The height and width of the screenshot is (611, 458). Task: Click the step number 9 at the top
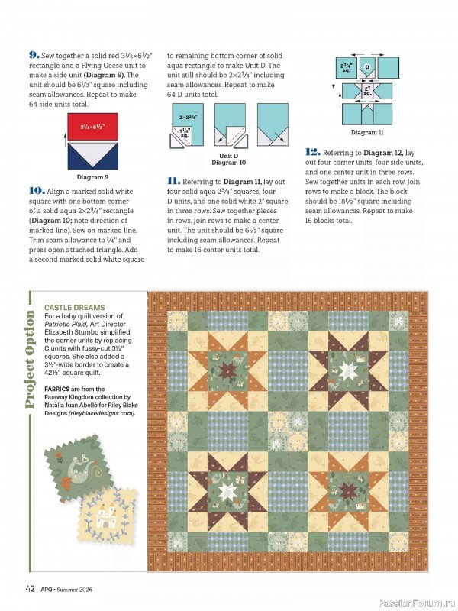[x=34, y=55]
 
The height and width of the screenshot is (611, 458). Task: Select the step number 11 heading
[x=173, y=180]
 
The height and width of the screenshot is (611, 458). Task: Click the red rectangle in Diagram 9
[x=92, y=126]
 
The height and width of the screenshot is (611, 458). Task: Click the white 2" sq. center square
[x=366, y=91]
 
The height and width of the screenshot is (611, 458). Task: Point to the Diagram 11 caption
[x=367, y=132]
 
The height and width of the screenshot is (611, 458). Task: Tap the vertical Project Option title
[x=31, y=359]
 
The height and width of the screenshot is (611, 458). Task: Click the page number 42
[x=30, y=587]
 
